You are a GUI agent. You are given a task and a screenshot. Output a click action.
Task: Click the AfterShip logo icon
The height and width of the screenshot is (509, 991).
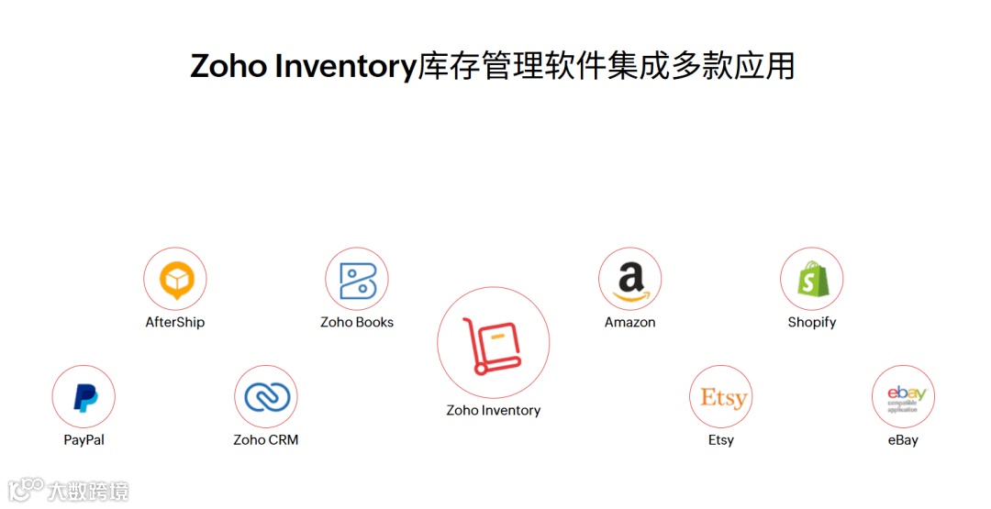pyautogui.click(x=175, y=279)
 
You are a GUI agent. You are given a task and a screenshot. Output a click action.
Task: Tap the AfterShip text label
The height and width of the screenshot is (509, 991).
pyautogui.click(x=175, y=323)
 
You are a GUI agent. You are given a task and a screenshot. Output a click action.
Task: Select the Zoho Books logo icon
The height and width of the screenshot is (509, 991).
pyautogui.click(x=357, y=279)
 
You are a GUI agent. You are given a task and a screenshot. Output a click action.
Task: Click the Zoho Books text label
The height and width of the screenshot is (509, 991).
pyautogui.click(x=357, y=323)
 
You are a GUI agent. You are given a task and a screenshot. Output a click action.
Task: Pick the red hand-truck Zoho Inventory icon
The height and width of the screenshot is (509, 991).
pyautogui.click(x=494, y=343)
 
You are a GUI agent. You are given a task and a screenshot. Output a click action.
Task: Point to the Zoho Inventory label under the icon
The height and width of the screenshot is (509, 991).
pyautogui.click(x=494, y=411)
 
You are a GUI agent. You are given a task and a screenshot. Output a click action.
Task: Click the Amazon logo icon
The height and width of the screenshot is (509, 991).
pyautogui.click(x=630, y=279)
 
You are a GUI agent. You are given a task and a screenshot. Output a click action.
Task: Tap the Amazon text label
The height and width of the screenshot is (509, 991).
pyautogui.click(x=630, y=323)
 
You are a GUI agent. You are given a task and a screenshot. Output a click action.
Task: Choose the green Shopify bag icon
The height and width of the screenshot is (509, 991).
pyautogui.click(x=812, y=279)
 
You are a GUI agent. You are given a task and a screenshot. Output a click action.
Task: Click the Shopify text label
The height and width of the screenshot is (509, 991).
pyautogui.click(x=812, y=323)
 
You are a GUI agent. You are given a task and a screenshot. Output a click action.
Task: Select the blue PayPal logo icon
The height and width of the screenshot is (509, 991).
pyautogui.click(x=84, y=397)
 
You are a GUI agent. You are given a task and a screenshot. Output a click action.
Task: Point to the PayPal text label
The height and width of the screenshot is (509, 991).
pyautogui.click(x=84, y=440)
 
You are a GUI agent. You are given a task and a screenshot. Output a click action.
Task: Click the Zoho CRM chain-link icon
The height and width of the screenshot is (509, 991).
pyautogui.click(x=266, y=397)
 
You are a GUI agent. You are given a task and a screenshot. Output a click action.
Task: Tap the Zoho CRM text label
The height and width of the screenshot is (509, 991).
pyautogui.click(x=266, y=440)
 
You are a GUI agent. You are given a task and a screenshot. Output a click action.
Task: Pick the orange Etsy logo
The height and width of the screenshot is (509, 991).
pyautogui.click(x=722, y=397)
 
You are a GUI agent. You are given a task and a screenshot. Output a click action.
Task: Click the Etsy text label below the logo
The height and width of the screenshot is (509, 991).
pyautogui.click(x=721, y=440)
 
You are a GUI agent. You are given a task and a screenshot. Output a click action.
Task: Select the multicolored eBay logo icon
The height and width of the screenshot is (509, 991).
pyautogui.click(x=904, y=397)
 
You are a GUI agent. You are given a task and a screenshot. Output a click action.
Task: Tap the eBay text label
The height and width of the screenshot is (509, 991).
pyautogui.click(x=903, y=440)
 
